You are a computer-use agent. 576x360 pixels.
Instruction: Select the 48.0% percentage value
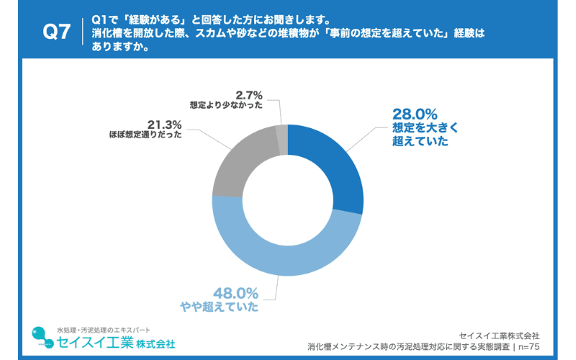[236, 293]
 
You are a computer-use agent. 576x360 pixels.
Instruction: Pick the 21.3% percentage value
[164, 124]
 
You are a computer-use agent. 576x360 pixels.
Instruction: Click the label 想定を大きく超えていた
[424, 135]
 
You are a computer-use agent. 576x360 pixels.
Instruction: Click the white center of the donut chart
[287, 199]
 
